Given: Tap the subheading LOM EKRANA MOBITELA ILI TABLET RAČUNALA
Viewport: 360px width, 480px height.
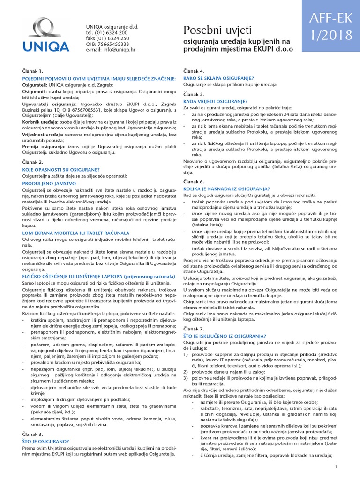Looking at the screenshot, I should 69,233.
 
